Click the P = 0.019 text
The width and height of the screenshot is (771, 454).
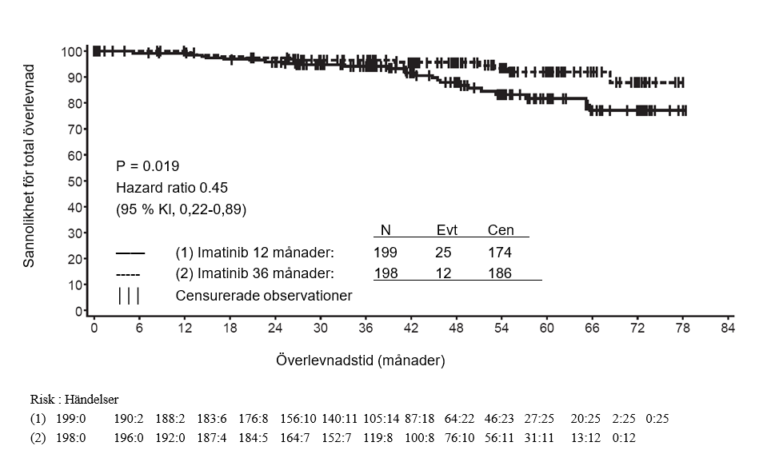[148, 166]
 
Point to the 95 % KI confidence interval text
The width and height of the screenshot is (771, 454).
[181, 209]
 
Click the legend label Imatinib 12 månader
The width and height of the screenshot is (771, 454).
[254, 253]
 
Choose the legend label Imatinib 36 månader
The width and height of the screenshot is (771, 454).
[254, 273]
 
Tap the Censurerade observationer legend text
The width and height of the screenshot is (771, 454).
[263, 295]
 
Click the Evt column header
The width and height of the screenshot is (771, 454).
[446, 230]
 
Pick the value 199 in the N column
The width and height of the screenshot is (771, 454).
[385, 253]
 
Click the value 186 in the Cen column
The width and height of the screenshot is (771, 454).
[500, 273]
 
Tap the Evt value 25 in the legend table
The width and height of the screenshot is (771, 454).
[443, 253]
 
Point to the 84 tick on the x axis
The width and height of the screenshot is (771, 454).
[727, 328]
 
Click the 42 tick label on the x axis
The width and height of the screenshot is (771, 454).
[411, 328]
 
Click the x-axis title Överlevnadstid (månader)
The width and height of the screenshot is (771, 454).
[360, 360]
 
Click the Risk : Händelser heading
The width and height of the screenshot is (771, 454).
[74, 399]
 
